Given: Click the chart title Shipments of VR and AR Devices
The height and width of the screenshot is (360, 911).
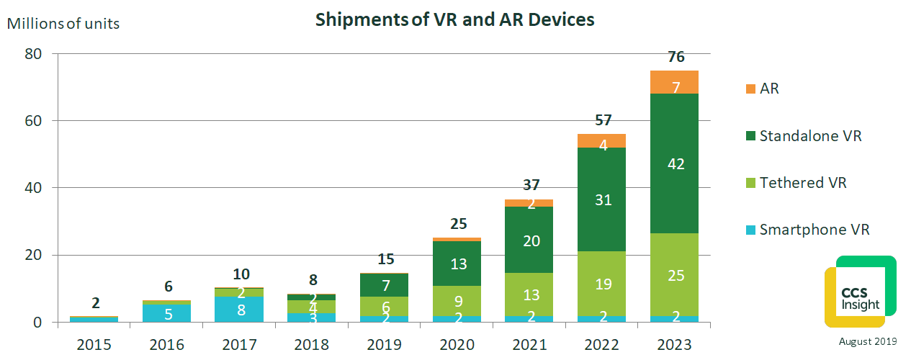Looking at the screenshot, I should (x=454, y=19).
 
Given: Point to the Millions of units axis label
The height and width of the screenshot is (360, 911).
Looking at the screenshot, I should (x=63, y=23).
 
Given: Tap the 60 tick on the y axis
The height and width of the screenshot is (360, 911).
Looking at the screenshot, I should (x=34, y=121).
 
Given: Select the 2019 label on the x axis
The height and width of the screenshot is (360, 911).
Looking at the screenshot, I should (x=385, y=346).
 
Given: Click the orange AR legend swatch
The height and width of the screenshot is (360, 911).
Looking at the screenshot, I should (x=750, y=89).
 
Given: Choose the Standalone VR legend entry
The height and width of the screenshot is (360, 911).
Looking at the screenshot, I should (x=810, y=136).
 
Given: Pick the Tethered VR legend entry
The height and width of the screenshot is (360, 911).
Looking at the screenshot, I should (x=802, y=183).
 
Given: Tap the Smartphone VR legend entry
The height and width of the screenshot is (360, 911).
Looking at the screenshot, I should (x=814, y=230).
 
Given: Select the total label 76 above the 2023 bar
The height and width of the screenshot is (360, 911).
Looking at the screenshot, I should (x=676, y=58).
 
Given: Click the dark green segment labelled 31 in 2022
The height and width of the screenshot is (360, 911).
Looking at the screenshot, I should (x=603, y=199).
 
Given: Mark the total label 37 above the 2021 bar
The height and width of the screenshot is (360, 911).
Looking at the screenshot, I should (x=531, y=185).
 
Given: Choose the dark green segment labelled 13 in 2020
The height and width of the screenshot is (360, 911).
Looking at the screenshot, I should (x=457, y=264).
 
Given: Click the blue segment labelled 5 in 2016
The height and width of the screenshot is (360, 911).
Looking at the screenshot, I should (x=167, y=313).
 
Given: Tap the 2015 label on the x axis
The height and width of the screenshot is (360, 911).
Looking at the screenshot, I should (x=94, y=346).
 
